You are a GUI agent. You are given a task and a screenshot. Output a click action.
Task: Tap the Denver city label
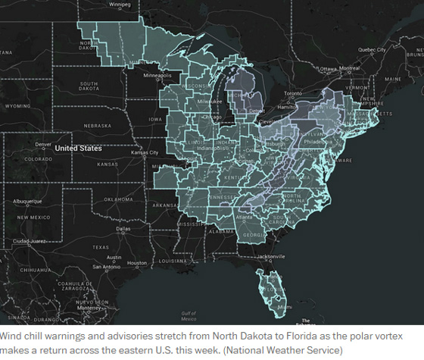[x=42, y=144]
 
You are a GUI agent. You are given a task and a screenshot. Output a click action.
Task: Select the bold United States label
[x=78, y=149]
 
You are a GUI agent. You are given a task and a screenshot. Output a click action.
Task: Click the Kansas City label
[x=145, y=152]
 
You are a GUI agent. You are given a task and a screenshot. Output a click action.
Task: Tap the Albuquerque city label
[x=29, y=201]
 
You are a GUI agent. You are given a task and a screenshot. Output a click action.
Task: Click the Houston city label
[x=137, y=263]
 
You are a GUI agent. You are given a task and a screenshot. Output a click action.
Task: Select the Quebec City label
[x=372, y=50]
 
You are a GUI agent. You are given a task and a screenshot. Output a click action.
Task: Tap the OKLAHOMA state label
[x=119, y=199]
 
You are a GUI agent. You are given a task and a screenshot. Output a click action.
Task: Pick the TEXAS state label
[x=101, y=247]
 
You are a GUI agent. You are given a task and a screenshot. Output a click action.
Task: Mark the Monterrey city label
[x=89, y=308]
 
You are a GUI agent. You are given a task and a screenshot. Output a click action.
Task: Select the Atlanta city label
[x=245, y=217]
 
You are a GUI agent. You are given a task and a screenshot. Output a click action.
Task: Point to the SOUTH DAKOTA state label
[x=101, y=87]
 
